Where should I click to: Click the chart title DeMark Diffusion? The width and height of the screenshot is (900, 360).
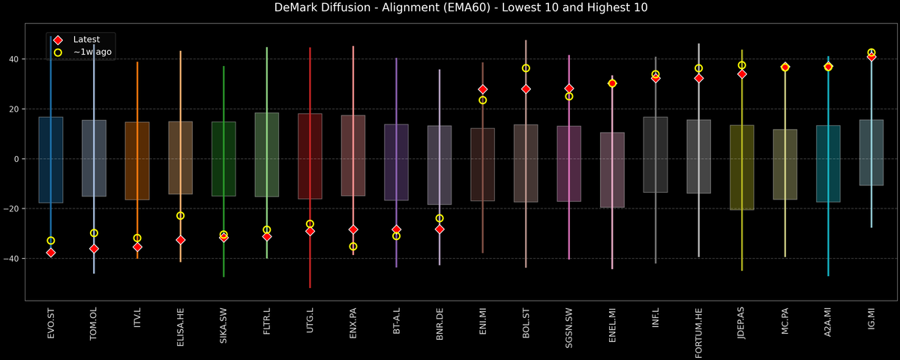point(449,8)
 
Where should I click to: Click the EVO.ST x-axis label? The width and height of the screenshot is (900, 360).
point(51,324)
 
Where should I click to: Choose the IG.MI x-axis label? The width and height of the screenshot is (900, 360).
point(871,322)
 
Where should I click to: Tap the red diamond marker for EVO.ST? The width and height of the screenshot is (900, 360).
point(51,253)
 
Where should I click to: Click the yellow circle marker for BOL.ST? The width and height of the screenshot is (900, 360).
point(526,68)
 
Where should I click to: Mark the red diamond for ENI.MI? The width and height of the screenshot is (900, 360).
point(483,89)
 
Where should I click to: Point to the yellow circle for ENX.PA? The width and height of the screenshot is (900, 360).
point(353,246)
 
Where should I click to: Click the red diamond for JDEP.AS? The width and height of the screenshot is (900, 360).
point(742,74)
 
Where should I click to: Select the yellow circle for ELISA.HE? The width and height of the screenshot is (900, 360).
point(180,216)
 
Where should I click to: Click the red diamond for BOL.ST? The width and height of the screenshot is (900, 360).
point(526,89)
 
